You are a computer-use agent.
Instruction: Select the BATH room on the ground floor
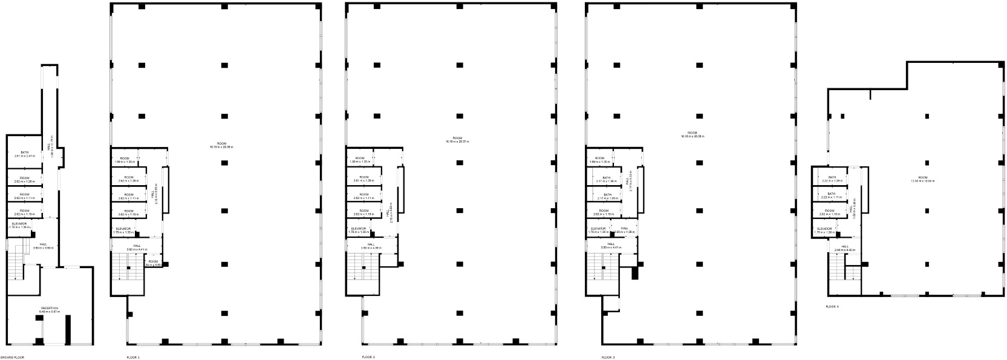coord(25,154)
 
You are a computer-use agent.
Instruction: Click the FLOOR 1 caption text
coord(133,358)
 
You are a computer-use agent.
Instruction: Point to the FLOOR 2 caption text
coord(368,358)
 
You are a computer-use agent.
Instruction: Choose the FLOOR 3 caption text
coord(608,358)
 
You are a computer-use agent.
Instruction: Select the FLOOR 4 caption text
coord(832,307)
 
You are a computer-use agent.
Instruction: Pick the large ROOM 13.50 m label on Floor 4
coord(927,179)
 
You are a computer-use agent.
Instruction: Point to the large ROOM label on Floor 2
coord(457,140)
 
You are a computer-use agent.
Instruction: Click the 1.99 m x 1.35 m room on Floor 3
coord(599,160)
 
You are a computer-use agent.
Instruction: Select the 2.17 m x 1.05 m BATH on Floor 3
coord(607,197)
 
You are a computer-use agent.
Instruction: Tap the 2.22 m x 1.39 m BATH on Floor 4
coord(832,179)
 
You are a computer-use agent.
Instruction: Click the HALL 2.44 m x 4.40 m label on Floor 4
coord(844,248)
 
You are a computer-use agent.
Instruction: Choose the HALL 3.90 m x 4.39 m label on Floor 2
coord(370,246)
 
